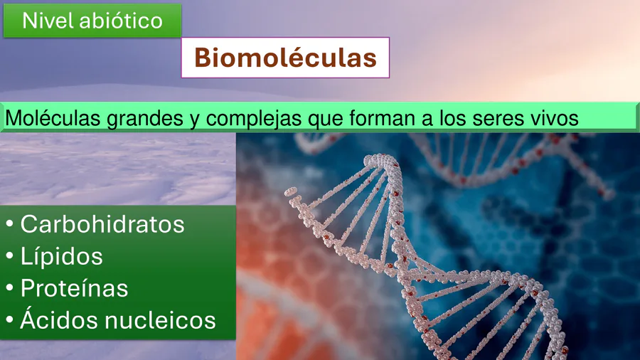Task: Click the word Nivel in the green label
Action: click(x=48, y=21)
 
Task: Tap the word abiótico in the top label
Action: click(x=121, y=21)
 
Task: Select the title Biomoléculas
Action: click(x=285, y=58)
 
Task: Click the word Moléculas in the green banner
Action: click(x=53, y=118)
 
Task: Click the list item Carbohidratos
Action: click(x=102, y=224)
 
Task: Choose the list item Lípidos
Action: click(x=62, y=256)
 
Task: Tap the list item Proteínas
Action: click(x=74, y=287)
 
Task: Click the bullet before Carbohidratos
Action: click(x=10, y=223)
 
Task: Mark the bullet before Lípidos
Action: click(x=10, y=255)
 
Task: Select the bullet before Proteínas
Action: click(x=10, y=287)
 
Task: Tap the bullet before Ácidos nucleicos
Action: click(x=10, y=319)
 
